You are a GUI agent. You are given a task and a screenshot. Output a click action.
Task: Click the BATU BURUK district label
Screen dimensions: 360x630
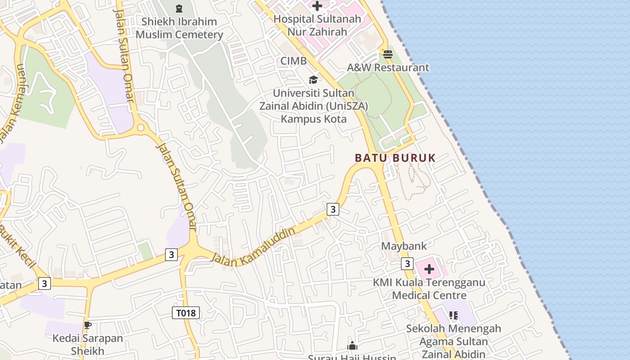(x=395, y=158)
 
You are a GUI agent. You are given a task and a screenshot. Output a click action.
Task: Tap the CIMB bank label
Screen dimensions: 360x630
(x=293, y=61)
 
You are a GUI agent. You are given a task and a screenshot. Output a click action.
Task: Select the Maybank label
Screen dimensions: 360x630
(x=404, y=246)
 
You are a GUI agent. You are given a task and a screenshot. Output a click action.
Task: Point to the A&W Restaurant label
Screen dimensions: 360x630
(x=388, y=67)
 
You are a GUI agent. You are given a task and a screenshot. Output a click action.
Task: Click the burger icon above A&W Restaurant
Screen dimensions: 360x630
(x=388, y=54)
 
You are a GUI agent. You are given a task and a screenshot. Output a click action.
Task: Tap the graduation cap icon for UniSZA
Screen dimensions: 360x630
(x=313, y=80)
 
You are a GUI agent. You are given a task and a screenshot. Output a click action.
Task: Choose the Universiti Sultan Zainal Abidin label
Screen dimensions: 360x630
(x=314, y=106)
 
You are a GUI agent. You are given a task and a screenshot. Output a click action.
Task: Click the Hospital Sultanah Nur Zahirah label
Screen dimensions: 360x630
(x=317, y=25)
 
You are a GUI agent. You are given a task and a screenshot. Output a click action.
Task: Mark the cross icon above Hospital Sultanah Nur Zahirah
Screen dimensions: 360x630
(x=317, y=6)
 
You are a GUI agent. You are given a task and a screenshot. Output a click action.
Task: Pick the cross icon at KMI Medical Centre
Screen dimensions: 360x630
(x=429, y=269)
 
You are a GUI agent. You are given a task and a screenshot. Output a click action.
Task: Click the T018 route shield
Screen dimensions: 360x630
(x=186, y=313)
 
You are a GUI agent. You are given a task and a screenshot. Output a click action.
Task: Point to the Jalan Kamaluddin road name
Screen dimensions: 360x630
(x=253, y=247)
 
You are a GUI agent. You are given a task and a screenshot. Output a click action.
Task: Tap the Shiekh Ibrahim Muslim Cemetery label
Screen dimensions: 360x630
(x=179, y=28)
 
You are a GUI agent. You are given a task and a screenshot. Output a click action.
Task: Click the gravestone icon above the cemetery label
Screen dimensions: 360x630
(x=179, y=9)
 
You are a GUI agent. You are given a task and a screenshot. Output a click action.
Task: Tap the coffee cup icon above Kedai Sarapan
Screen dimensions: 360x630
(x=88, y=325)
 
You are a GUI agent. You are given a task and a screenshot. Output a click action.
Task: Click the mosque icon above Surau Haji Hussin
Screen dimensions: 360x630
(x=352, y=346)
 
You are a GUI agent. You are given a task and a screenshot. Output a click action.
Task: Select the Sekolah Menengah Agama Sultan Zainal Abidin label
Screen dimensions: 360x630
(x=453, y=341)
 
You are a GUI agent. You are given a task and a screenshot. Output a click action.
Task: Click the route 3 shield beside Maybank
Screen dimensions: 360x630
(x=407, y=263)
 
